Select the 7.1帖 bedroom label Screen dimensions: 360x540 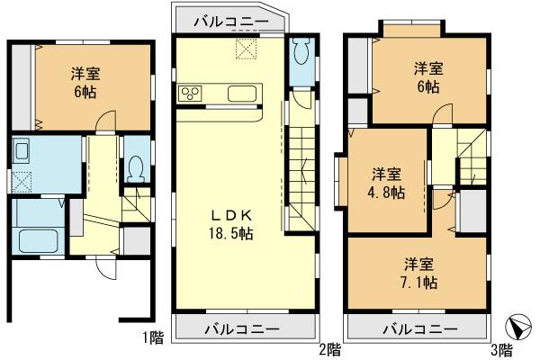[419, 273]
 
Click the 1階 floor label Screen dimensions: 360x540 [151, 339]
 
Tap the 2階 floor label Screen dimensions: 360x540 [328, 346]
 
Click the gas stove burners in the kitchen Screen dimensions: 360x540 [191, 94]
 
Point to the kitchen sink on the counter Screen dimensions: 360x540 [243, 94]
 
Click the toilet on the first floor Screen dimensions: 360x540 [135, 167]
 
